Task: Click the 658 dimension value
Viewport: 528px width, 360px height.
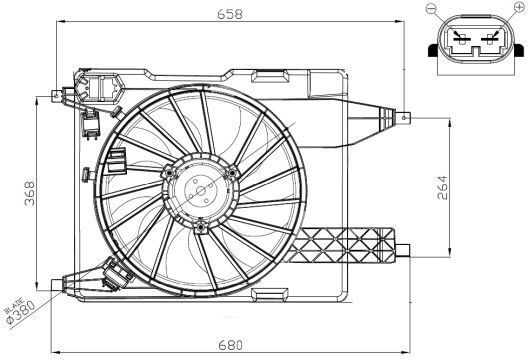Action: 230,14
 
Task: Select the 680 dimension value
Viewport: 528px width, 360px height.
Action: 230,345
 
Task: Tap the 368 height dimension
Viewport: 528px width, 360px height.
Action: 30,193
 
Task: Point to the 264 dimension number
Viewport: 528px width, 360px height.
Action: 442,188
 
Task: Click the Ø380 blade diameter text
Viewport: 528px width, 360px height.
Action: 23,313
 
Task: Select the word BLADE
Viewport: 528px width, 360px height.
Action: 14,305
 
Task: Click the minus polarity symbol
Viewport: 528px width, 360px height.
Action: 431,8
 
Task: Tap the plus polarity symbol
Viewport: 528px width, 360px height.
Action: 520,6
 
